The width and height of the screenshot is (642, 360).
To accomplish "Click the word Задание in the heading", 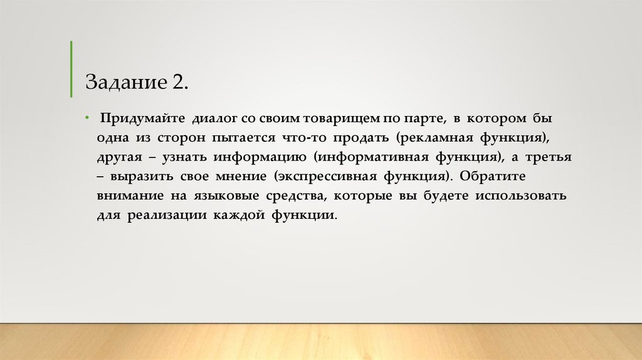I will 124,82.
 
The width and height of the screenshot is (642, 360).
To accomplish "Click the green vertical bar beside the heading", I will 71,68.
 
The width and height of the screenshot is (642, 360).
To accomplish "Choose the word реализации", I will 168,215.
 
